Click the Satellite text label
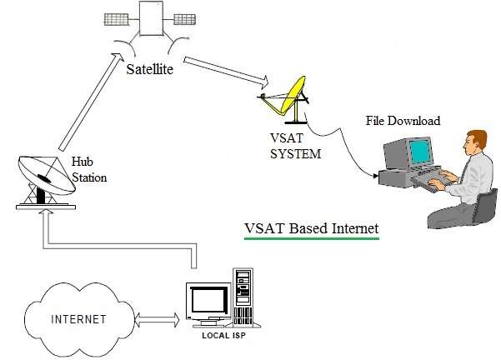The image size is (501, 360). (150, 69)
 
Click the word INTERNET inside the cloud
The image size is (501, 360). (79, 319)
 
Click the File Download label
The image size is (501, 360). (403, 121)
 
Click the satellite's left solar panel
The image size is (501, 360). (119, 17)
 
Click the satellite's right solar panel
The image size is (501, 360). (185, 17)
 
